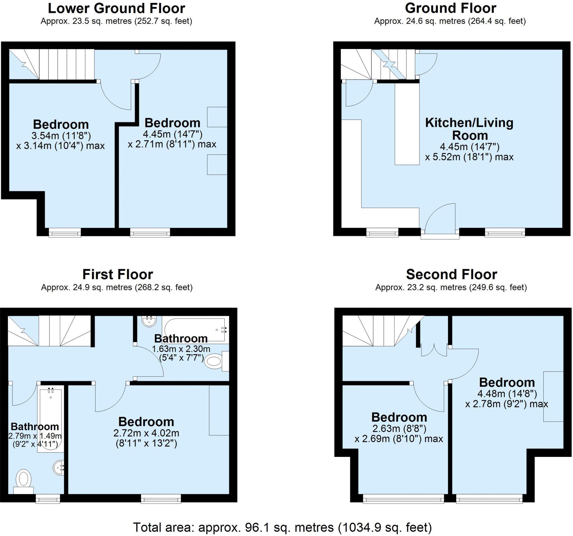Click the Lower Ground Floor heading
click(x=116, y=8)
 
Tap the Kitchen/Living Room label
click(x=469, y=129)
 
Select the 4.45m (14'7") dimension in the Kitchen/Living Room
click(x=469, y=147)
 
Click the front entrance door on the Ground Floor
click(x=440, y=220)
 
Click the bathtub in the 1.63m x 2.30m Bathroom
click(x=194, y=330)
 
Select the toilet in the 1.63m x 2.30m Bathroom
click(x=215, y=361)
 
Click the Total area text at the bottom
click(x=282, y=527)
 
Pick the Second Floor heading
click(x=451, y=274)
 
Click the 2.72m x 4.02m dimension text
click(x=146, y=433)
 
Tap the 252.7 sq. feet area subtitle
click(x=116, y=21)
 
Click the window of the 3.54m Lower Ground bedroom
click(x=65, y=232)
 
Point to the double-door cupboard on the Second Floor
click(x=434, y=350)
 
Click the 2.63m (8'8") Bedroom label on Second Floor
click(x=399, y=418)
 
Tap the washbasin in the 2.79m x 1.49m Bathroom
click(x=59, y=467)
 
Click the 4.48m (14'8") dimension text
click(x=507, y=393)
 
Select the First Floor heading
click(x=118, y=274)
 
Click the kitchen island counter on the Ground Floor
click(x=407, y=124)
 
